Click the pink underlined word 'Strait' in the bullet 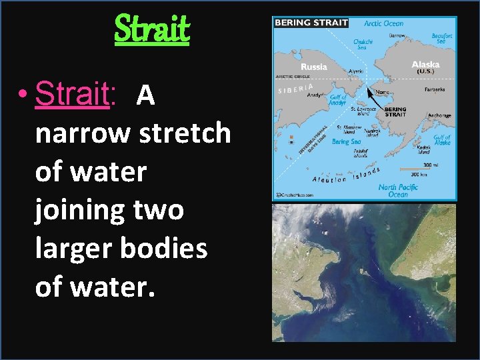tap(71, 95)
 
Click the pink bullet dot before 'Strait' tap(23, 96)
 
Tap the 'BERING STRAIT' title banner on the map tap(311, 23)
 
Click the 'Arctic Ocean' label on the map tap(383, 23)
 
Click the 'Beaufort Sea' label tap(442, 39)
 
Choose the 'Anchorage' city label tap(439, 115)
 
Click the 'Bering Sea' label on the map tap(346, 141)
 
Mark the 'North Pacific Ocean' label tap(397, 190)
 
